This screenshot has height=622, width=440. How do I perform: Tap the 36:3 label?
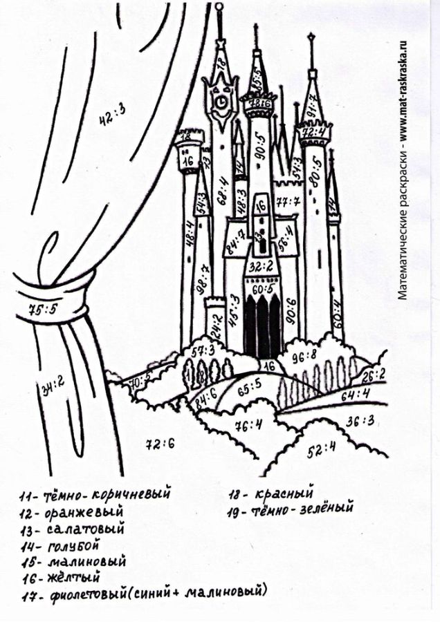click(x=360, y=421)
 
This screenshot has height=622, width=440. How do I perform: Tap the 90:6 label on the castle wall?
click(x=289, y=304)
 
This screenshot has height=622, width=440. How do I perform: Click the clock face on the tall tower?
click(x=221, y=102)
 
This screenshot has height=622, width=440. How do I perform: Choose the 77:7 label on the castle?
click(x=287, y=202)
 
